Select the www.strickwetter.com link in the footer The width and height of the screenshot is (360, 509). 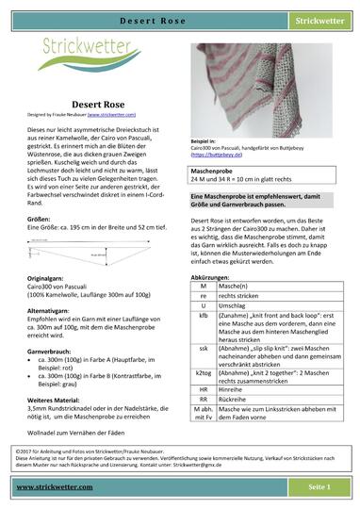pyautogui.click(x=56, y=486)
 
